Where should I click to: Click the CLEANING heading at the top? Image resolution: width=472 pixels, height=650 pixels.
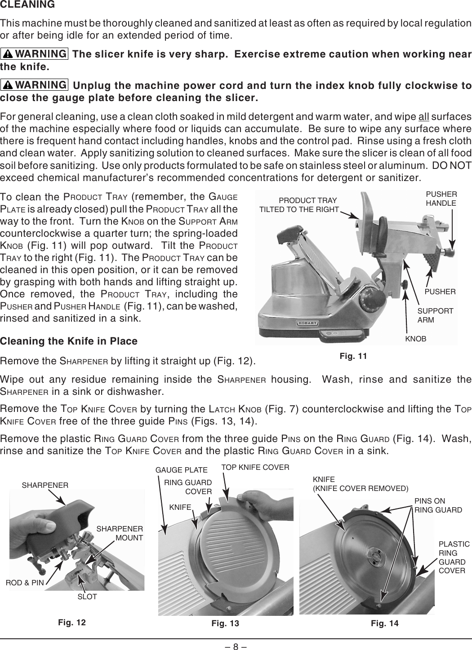27,5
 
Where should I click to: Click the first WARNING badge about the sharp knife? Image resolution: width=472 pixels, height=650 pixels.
35,54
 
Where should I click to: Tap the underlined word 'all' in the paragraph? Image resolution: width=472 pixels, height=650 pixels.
423,118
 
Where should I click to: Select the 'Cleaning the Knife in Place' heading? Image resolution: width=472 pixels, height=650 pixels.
69,341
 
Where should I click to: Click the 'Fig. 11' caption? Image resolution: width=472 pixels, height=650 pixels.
353,356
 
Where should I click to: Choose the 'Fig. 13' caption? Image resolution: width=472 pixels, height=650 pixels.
225,623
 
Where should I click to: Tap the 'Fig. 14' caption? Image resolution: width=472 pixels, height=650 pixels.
385,623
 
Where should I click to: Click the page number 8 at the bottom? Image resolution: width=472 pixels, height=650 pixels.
236,645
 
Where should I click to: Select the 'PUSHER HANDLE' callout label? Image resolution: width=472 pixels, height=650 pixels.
441,199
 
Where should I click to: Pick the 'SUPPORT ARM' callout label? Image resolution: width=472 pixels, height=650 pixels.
435,315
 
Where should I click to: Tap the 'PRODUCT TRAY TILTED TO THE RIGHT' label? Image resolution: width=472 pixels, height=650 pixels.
300,204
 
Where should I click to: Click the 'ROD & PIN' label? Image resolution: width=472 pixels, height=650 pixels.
25,583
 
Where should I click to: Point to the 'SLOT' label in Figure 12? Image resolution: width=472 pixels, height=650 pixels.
87,597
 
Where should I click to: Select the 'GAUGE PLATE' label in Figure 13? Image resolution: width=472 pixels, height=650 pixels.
181,470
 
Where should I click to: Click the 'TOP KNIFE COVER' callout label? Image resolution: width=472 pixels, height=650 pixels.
255,467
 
